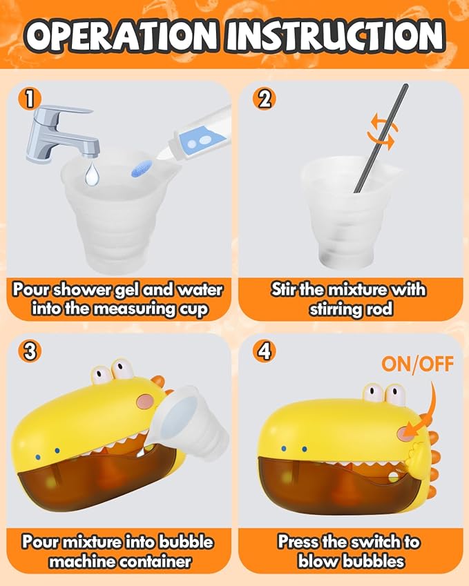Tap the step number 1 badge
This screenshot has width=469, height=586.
[x=29, y=99]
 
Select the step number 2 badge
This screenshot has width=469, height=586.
[x=264, y=99]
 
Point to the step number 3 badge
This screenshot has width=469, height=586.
[x=29, y=352]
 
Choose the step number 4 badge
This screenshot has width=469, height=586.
[x=264, y=352]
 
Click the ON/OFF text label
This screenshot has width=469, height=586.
[x=417, y=364]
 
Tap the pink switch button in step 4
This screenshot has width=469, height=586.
[x=405, y=432]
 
